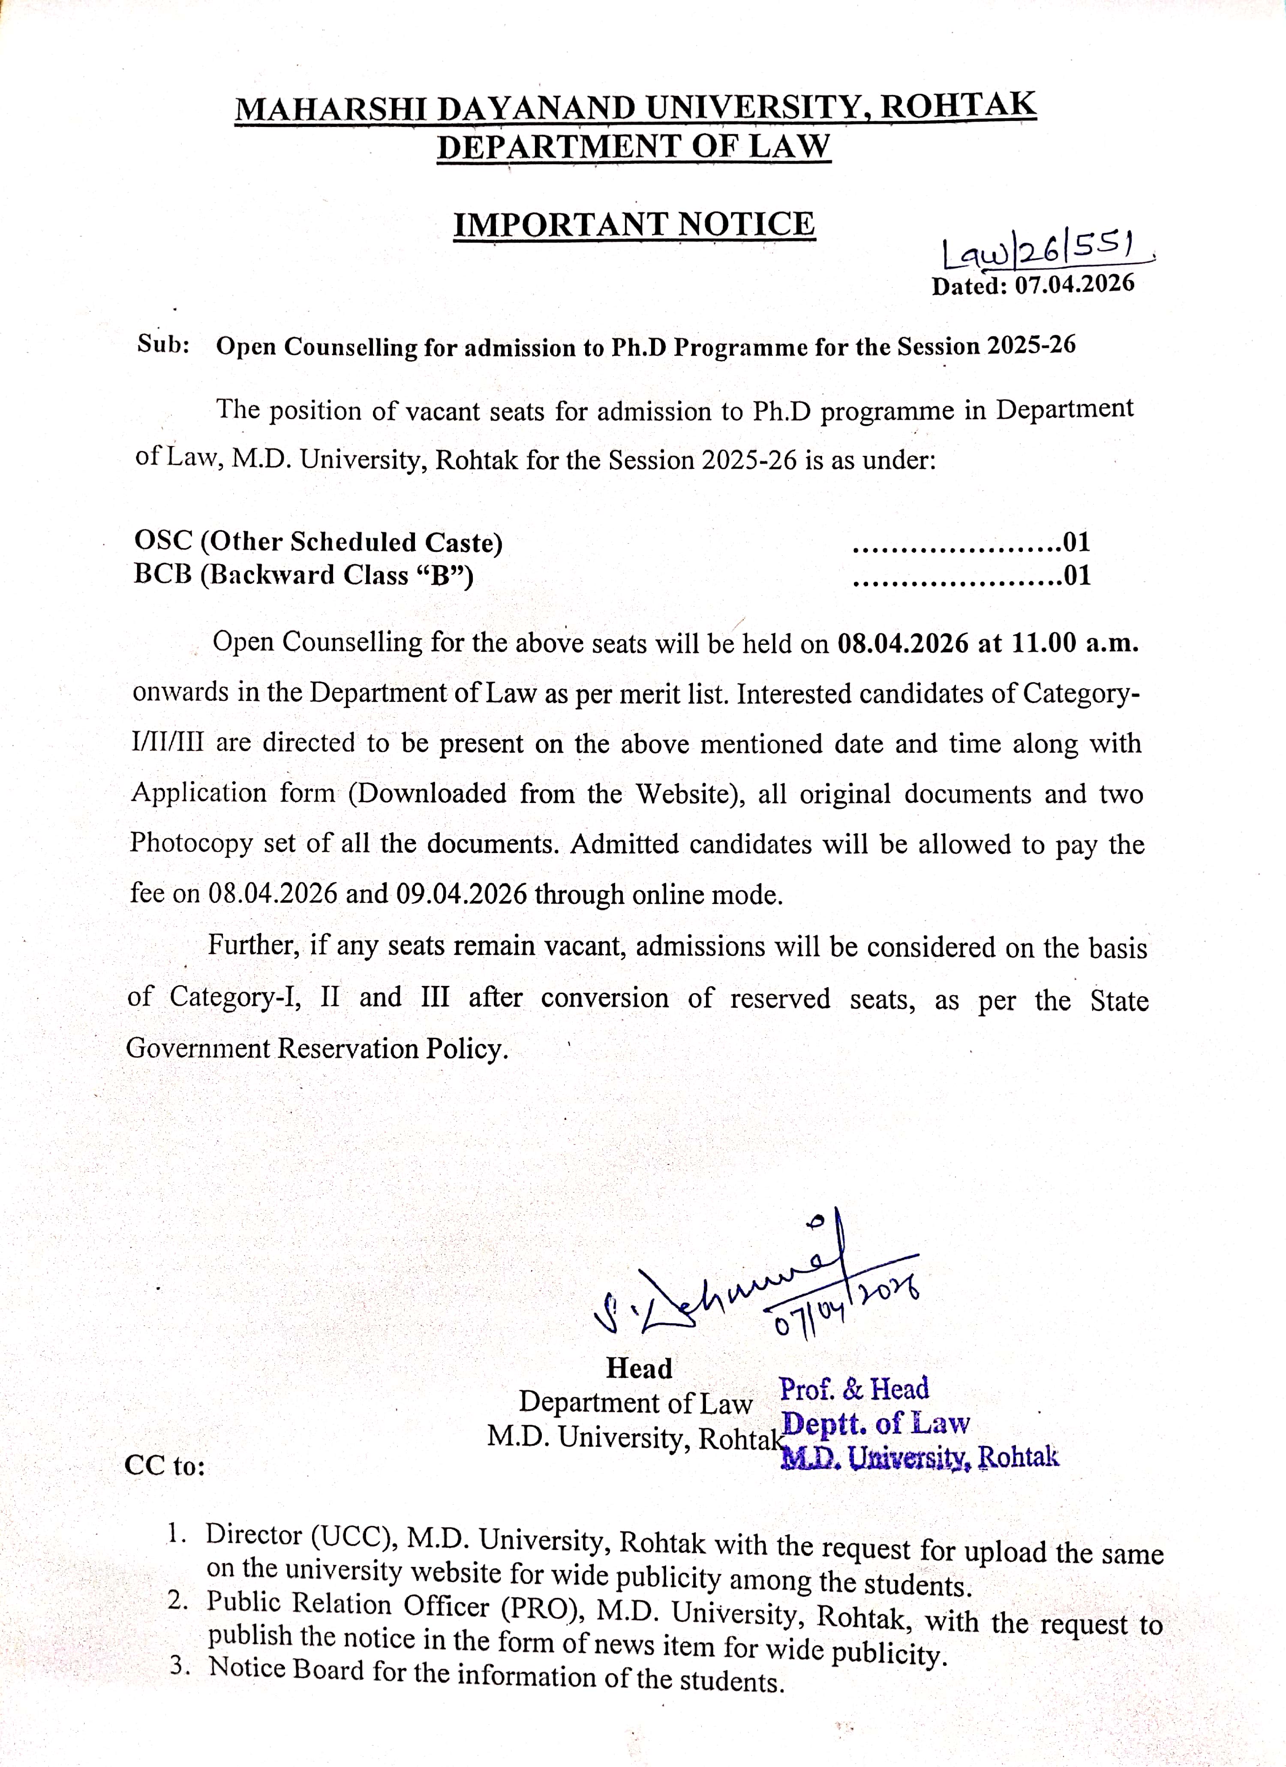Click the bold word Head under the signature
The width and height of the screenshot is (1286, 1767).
pos(639,1367)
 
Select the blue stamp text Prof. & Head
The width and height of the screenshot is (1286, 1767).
pos(854,1388)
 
